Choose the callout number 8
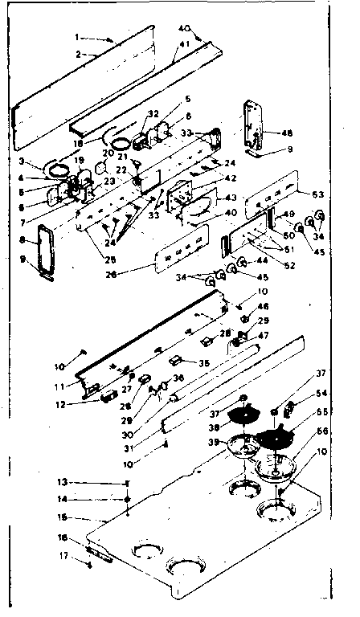pos(22,239)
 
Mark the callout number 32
pos(154,115)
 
